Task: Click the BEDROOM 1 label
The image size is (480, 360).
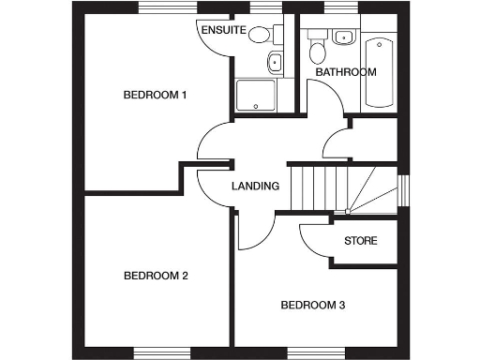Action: (157, 95)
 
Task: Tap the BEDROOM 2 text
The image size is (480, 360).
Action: (157, 276)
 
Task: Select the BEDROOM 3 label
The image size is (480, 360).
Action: (313, 305)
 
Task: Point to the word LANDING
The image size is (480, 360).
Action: (255, 186)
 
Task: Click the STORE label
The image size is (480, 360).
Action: (361, 241)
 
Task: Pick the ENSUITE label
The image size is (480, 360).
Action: (223, 31)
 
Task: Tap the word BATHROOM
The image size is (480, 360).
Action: (345, 72)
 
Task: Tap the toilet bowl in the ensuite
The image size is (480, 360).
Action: (261, 36)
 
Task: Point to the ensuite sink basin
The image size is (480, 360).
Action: (275, 64)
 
